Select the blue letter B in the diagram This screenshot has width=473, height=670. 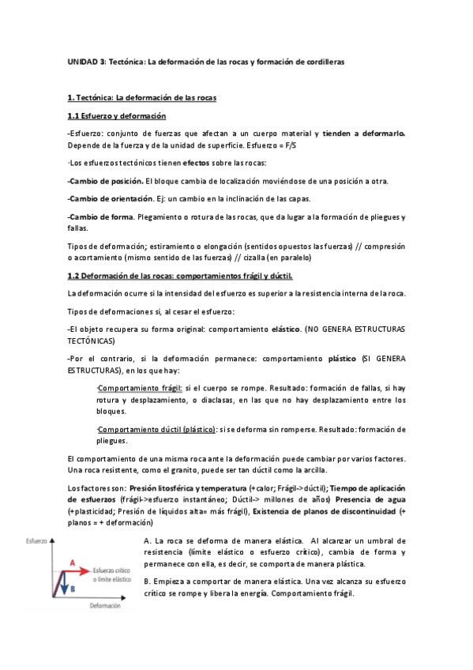tap(70, 588)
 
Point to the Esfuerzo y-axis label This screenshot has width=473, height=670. tap(36, 541)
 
